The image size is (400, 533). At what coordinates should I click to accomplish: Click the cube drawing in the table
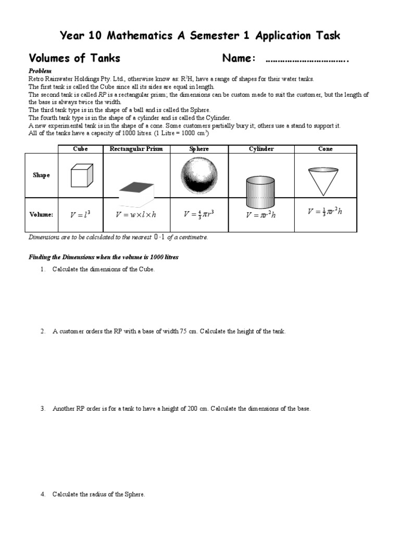tap(82, 175)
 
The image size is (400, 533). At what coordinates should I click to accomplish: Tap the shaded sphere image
tap(199, 176)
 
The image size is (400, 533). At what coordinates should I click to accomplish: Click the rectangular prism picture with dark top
tap(136, 194)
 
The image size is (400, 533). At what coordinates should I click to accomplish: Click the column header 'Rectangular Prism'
tap(136, 149)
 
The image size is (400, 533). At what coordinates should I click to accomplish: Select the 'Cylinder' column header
tap(261, 149)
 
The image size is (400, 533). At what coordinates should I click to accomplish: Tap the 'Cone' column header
tap(326, 149)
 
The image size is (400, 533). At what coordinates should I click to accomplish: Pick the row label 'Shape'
tap(41, 175)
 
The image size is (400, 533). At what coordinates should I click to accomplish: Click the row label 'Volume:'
tap(41, 214)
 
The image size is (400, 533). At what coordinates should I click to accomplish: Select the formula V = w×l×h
tap(136, 214)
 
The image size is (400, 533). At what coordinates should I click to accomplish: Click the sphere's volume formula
tap(199, 213)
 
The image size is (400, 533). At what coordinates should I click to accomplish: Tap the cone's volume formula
tap(325, 211)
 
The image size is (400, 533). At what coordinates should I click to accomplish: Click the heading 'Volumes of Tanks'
tap(74, 58)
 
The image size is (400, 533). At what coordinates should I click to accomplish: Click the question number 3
tap(43, 409)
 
